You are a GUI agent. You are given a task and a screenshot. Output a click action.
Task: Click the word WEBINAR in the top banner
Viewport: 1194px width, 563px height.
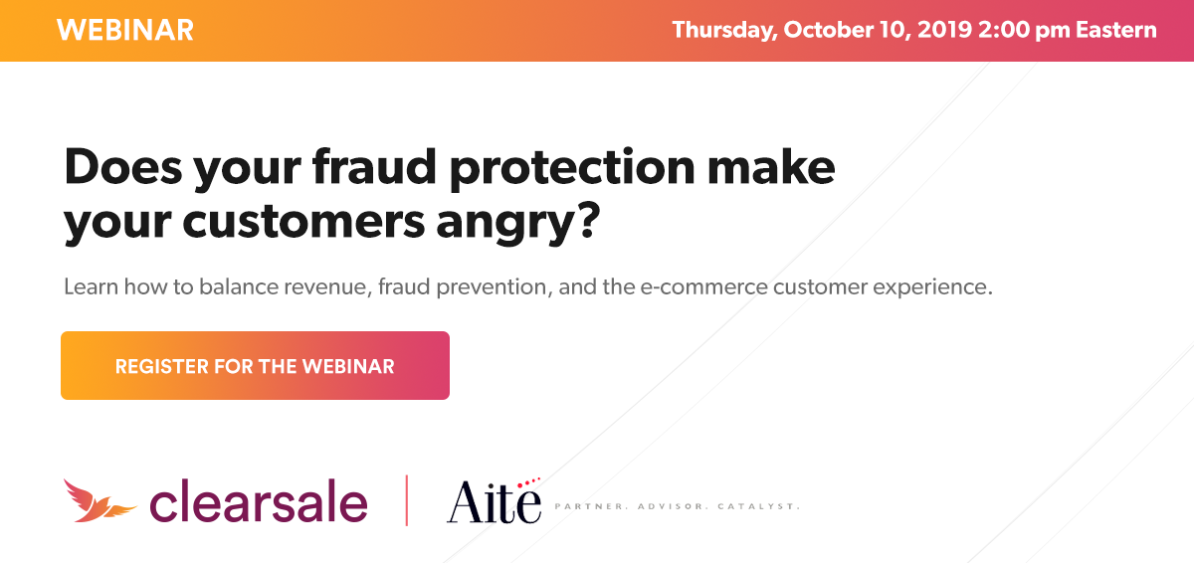pos(125,30)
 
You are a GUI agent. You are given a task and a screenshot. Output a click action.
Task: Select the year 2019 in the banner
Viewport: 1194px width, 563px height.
pos(944,30)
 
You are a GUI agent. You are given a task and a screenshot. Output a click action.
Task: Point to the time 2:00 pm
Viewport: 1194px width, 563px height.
pos(1024,31)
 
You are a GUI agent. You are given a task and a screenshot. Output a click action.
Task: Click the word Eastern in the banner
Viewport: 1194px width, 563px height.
pos(1116,30)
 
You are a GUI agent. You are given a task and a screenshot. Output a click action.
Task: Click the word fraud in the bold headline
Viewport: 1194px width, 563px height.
pos(375,167)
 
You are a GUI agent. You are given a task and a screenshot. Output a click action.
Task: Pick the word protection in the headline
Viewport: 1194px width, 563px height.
pos(572,169)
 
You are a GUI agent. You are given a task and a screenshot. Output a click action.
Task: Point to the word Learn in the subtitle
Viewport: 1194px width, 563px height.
pos(92,286)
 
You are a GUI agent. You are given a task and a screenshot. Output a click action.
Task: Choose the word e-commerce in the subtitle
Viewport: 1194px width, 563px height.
pos(703,287)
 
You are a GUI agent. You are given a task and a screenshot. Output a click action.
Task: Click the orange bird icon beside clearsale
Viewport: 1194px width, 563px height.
pos(99,501)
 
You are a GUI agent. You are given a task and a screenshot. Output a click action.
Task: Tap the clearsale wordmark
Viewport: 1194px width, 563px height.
pos(259,500)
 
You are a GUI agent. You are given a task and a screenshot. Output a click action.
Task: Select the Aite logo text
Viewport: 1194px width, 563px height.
pos(494,501)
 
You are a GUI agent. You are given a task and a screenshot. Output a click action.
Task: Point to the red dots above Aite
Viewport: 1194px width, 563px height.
pos(528,482)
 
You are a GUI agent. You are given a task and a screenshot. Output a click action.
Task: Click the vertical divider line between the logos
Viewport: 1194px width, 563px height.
pos(407,500)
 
